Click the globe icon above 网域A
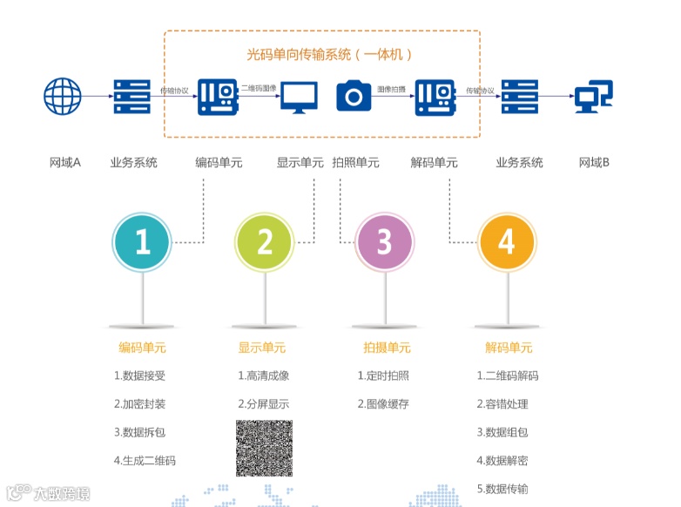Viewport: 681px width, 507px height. coord(63,96)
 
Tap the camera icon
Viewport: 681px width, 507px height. coord(354,95)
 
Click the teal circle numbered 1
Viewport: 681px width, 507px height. coord(142,241)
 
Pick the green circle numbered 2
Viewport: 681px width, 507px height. coord(265,241)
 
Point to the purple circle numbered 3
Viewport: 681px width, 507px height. coord(385,241)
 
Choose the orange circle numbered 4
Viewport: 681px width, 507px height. coord(507,241)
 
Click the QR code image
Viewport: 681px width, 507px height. coord(264,448)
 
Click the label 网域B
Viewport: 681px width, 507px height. coord(594,163)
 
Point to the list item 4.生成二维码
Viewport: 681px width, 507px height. coord(145,460)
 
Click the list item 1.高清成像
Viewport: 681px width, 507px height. coord(263,376)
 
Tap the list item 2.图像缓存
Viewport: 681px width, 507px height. coord(382,404)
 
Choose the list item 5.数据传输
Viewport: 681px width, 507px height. coord(502,488)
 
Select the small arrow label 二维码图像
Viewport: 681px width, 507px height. coord(258,89)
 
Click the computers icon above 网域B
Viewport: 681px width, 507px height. coord(594,96)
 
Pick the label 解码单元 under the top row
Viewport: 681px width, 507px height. coord(434,163)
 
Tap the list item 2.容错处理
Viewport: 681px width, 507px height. coord(502,404)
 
